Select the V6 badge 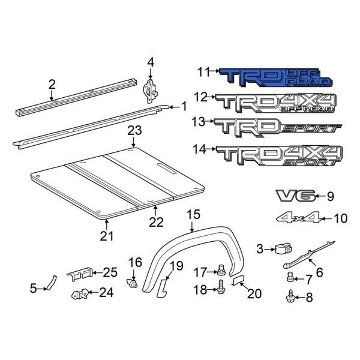click(294, 196)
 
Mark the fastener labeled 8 click(292, 295)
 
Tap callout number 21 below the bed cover click(106, 236)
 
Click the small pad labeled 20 click(238, 280)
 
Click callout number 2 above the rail click(52, 85)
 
